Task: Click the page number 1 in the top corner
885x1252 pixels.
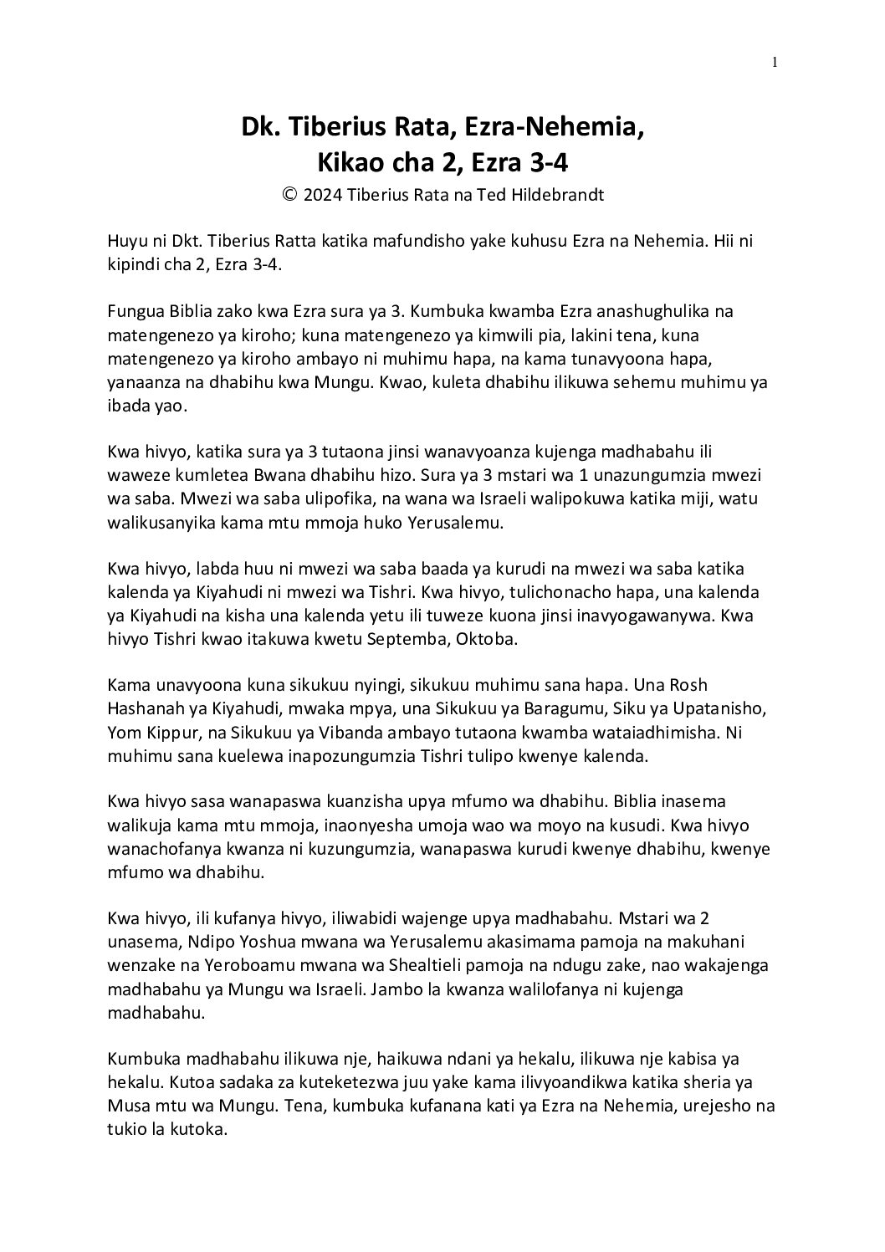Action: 775,61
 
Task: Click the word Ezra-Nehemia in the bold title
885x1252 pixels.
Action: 555,127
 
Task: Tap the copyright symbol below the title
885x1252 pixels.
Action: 289,195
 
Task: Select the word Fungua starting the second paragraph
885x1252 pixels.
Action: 136,312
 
